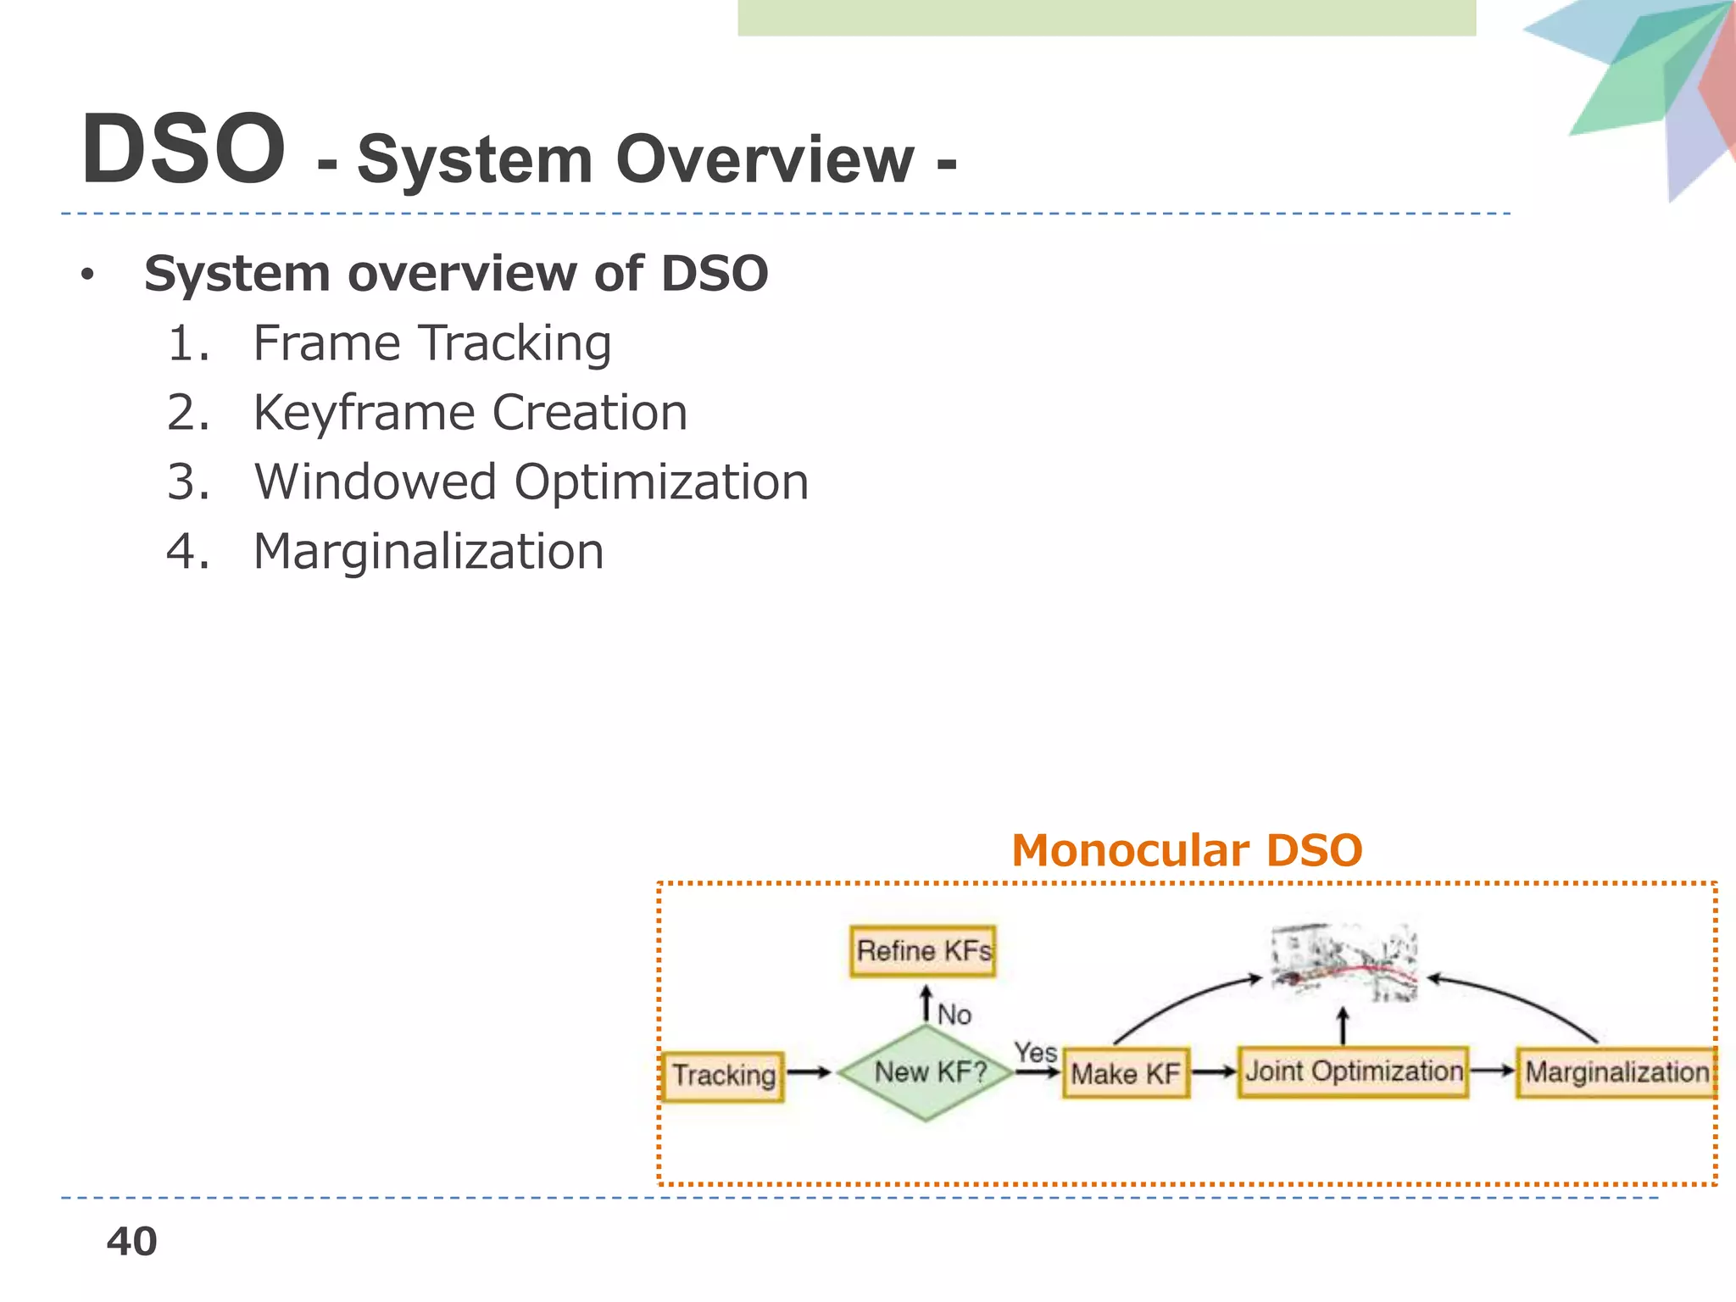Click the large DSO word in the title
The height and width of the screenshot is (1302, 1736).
click(x=183, y=150)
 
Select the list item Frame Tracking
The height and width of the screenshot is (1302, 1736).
click(x=431, y=343)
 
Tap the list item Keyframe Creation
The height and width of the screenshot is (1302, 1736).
click(x=470, y=413)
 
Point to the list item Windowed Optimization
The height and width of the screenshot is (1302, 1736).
click(x=531, y=482)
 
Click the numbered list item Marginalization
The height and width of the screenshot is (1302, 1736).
click(x=428, y=552)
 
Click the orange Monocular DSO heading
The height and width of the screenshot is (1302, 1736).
click(x=1186, y=850)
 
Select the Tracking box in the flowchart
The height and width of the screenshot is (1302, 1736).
click(x=723, y=1076)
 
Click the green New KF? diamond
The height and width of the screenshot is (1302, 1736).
click(x=927, y=1072)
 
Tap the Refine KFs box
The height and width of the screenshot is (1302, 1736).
click(x=922, y=951)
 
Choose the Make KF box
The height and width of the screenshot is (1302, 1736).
click(x=1125, y=1074)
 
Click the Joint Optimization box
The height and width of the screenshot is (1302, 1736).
click(x=1353, y=1071)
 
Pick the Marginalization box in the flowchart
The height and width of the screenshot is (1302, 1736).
click(x=1616, y=1072)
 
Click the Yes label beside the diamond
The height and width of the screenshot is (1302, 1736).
click(x=1035, y=1053)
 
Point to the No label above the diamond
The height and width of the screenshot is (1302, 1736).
click(x=954, y=1015)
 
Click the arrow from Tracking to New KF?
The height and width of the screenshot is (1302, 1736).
click(x=809, y=1072)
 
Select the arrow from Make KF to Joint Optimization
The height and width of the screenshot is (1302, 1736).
click(x=1213, y=1072)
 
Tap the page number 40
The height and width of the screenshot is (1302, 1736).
click(x=131, y=1242)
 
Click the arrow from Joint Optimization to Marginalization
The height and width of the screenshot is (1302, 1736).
click(x=1491, y=1071)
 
